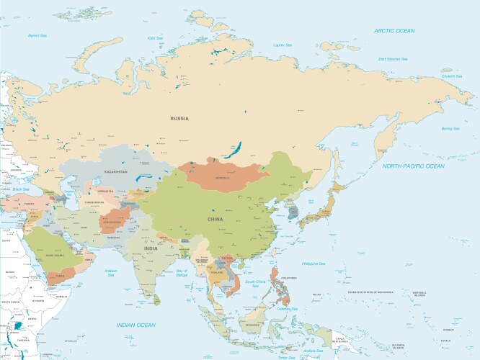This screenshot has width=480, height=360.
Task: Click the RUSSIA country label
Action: pyautogui.click(x=179, y=118)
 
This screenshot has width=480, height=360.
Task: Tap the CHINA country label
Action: pyautogui.click(x=215, y=219)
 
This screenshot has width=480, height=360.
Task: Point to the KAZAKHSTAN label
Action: pyautogui.click(x=115, y=172)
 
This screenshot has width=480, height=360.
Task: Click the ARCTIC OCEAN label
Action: pyautogui.click(x=394, y=30)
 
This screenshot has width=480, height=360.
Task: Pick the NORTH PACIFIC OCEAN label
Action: pyautogui.click(x=414, y=166)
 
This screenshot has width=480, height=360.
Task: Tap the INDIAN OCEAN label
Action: pyautogui.click(x=136, y=325)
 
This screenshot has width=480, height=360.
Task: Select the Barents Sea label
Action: pyautogui.click(x=37, y=35)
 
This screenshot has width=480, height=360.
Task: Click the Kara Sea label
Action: pyautogui.click(x=154, y=37)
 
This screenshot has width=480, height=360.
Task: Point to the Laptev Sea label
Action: pyautogui.click(x=283, y=45)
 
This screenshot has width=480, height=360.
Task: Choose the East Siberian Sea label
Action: pyautogui.click(x=393, y=58)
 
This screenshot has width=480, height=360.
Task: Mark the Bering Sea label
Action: pyautogui.click(x=450, y=128)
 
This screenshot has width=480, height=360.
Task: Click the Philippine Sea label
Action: pyautogui.click(x=314, y=264)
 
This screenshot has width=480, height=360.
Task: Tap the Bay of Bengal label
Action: pyautogui.click(x=186, y=272)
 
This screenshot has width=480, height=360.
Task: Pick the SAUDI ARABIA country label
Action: pyautogui.click(x=55, y=253)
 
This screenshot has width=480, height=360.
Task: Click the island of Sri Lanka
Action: pyautogui.click(x=156, y=295)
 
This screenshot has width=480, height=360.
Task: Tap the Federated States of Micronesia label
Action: pyautogui.click(x=373, y=292)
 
